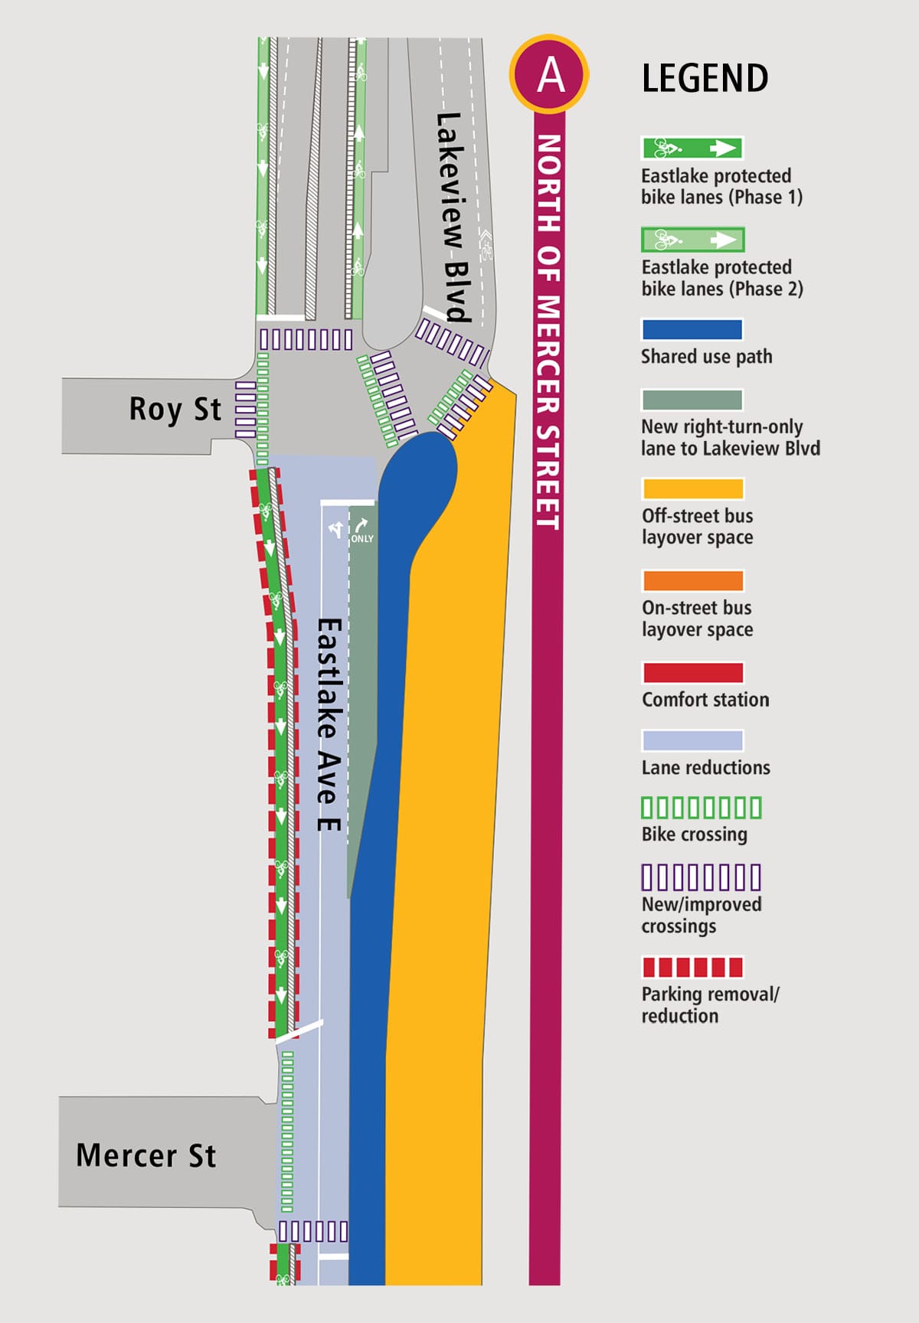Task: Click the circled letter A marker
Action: [x=548, y=74]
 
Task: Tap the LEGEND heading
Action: [x=705, y=79]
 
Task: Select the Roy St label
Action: [x=175, y=410]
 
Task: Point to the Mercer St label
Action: [x=146, y=1155]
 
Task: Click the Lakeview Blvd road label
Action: [x=452, y=217]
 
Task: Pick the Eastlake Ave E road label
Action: [x=329, y=724]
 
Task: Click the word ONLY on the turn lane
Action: [x=362, y=539]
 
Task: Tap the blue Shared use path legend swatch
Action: [x=692, y=330]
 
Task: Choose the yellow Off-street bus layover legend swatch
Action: [x=692, y=489]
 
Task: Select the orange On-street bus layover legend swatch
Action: [x=692, y=581]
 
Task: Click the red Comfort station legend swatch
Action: [x=692, y=673]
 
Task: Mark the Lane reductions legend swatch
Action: [x=692, y=740]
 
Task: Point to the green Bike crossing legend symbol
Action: [x=701, y=808]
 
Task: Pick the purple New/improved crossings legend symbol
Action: [x=701, y=877]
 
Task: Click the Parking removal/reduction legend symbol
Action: [x=692, y=967]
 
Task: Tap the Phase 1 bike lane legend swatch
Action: [x=692, y=148]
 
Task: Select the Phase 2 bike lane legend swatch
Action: [x=692, y=240]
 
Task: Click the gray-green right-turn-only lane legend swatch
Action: [x=692, y=400]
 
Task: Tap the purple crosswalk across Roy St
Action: [x=245, y=410]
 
